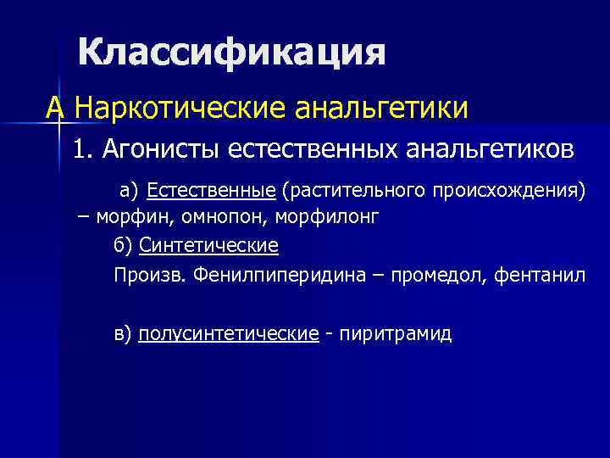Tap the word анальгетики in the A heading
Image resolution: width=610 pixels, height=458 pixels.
(380, 108)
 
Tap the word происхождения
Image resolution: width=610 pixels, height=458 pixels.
(507, 187)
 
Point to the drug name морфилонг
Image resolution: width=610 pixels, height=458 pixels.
(326, 216)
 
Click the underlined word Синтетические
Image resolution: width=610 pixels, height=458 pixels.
(208, 246)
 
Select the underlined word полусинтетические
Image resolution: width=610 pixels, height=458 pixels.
(228, 333)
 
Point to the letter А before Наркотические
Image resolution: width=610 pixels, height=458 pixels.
(56, 108)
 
